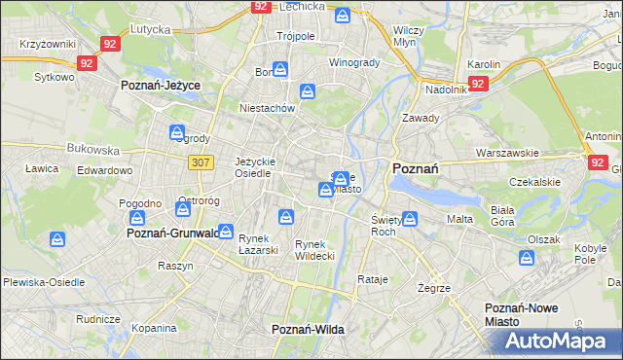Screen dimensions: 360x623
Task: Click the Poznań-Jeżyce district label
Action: click(161, 86)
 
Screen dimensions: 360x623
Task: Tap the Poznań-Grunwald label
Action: click(171, 234)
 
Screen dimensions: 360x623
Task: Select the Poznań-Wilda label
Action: click(308, 330)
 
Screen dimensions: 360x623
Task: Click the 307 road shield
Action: click(202, 162)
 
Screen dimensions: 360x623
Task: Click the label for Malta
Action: click(459, 219)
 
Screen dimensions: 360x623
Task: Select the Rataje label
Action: click(373, 279)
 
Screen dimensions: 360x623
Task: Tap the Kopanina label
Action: click(155, 329)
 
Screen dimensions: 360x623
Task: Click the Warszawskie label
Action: click(507, 154)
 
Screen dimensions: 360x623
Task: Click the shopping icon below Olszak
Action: click(527, 258)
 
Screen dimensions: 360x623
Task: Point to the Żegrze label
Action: click(433, 289)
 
